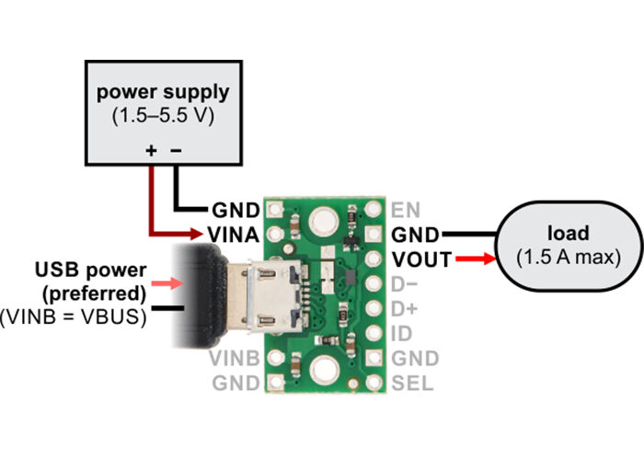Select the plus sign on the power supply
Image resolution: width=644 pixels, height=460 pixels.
pyautogui.click(x=151, y=151)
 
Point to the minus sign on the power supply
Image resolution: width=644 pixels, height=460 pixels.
pyautogui.click(x=178, y=151)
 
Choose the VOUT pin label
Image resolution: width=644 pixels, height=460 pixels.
pyautogui.click(x=421, y=259)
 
